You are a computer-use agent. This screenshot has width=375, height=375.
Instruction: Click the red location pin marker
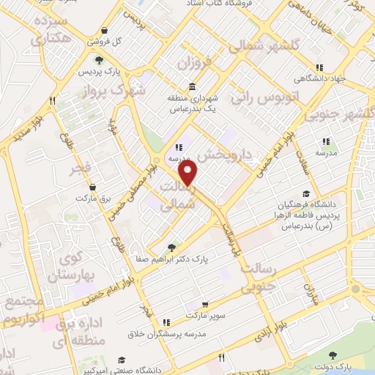click(189, 173)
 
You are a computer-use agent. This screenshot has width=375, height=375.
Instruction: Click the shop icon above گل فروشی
click(107, 31)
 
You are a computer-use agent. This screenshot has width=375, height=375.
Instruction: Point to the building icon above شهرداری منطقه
click(193, 86)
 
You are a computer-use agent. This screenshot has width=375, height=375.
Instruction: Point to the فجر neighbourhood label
click(81, 170)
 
